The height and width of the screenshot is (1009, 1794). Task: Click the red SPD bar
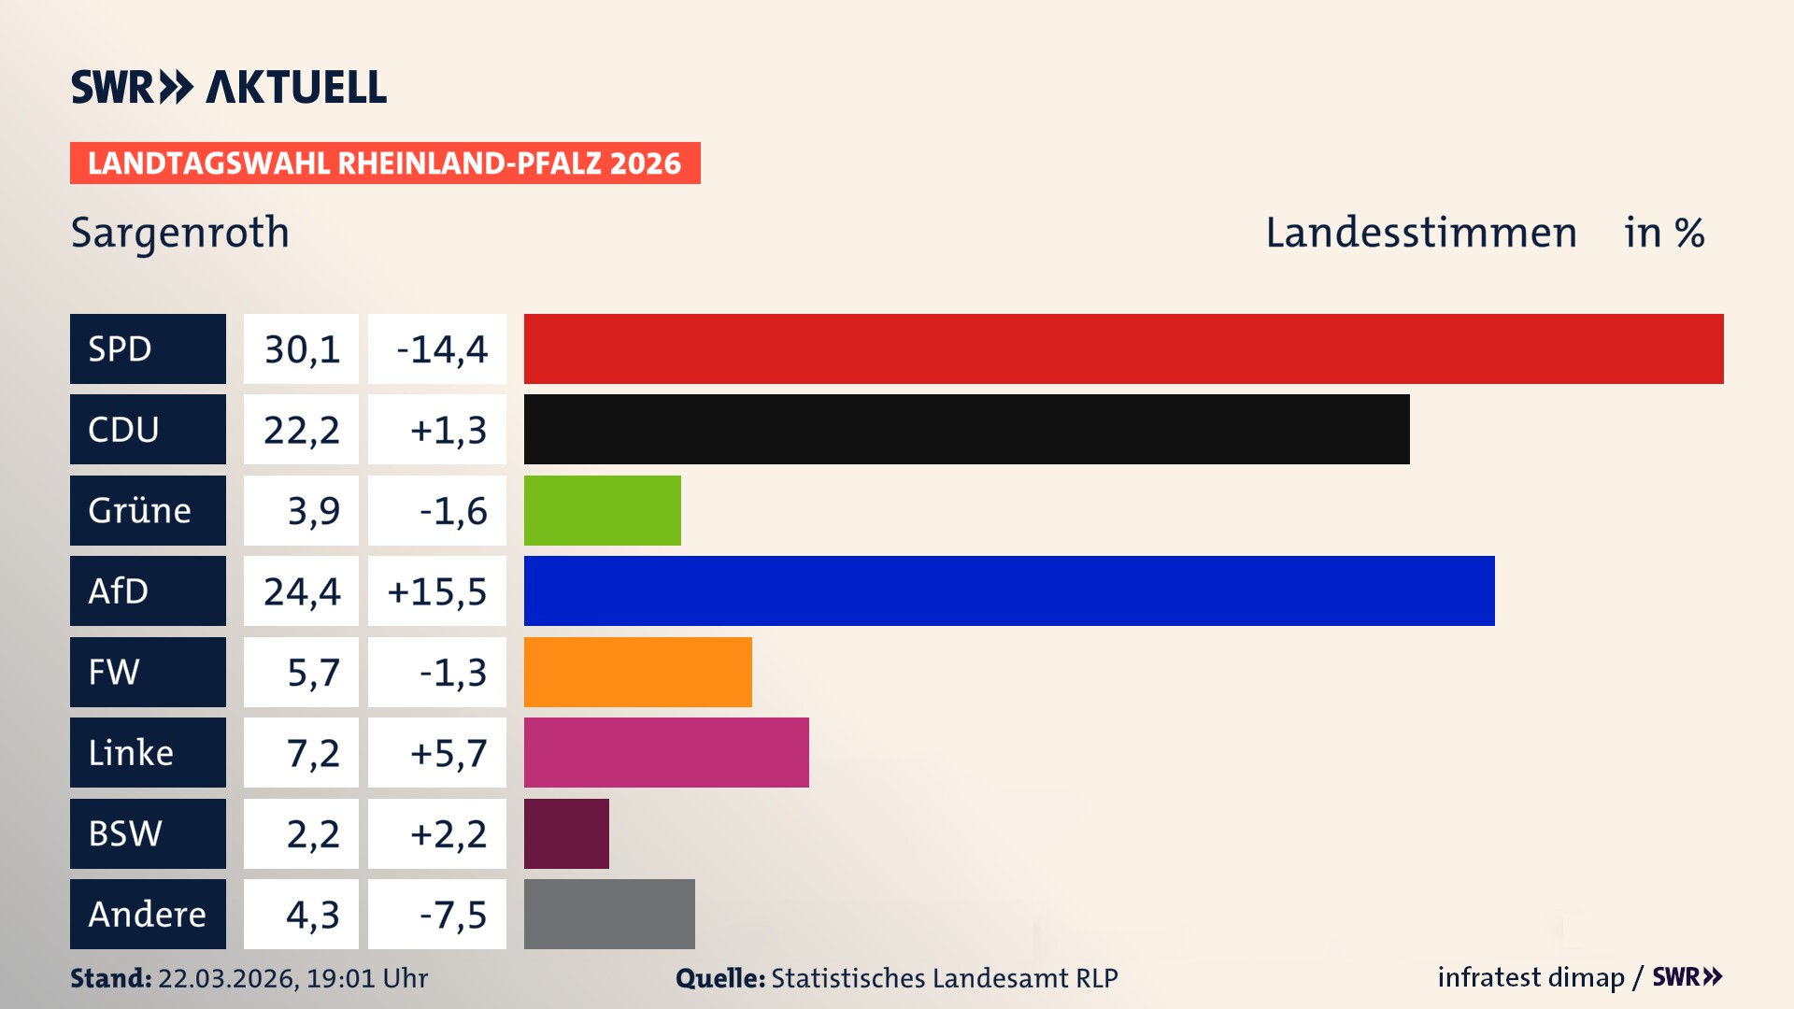click(x=1123, y=348)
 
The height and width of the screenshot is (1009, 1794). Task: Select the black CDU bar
click(x=966, y=429)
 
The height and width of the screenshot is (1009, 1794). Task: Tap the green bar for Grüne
click(x=602, y=510)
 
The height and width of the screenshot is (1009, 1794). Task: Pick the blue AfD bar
click(x=1009, y=590)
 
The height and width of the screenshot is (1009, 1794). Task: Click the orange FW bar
click(x=637, y=672)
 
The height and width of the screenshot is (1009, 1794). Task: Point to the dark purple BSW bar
click(x=566, y=833)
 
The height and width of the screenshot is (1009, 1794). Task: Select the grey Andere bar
click(x=609, y=914)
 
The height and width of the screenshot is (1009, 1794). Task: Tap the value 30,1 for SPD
click(x=301, y=348)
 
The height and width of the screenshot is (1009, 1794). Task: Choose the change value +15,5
click(x=437, y=590)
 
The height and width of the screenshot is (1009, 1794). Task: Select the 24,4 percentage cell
click(x=301, y=590)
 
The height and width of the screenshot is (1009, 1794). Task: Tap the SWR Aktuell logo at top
click(x=228, y=87)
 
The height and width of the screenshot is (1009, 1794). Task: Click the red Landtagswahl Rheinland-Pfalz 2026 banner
click(x=385, y=163)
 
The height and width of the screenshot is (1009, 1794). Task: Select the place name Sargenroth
click(x=179, y=232)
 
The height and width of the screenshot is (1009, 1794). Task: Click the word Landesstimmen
click(x=1420, y=232)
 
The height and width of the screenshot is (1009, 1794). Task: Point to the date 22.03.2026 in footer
click(x=227, y=978)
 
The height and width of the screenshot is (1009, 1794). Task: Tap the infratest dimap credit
click(x=1531, y=977)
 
